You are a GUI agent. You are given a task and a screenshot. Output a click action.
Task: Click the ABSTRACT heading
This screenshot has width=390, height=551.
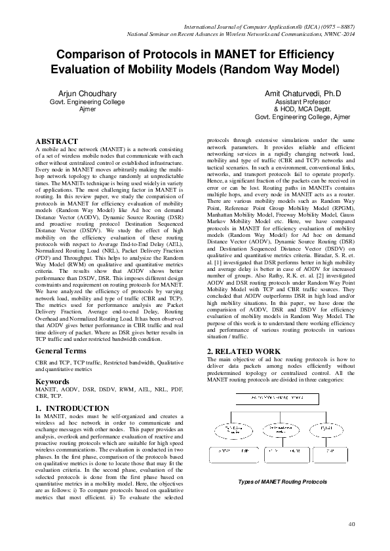pyautogui.click(x=56, y=141)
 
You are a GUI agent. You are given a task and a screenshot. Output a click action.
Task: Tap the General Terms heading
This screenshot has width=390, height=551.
pyautogui.click(x=62, y=351)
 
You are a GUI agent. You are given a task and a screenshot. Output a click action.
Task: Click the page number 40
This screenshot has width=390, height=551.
pyautogui.click(x=351, y=524)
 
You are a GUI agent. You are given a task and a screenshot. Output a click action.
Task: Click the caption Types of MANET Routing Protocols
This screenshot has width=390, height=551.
pyautogui.click(x=282, y=481)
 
